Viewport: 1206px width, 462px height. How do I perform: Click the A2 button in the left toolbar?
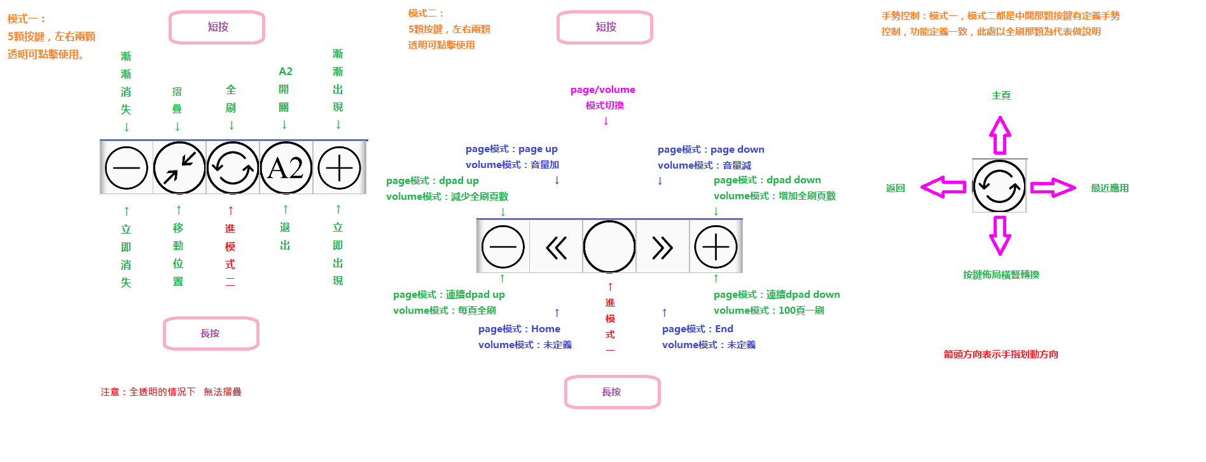(286, 168)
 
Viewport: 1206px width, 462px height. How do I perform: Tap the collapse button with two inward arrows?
(180, 168)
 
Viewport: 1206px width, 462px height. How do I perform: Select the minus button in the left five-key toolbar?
(127, 168)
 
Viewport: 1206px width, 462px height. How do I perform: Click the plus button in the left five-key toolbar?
(339, 168)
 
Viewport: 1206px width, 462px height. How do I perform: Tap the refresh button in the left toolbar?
(233, 168)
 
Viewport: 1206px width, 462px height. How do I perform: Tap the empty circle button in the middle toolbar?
(609, 247)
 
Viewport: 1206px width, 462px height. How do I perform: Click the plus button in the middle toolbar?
(716, 247)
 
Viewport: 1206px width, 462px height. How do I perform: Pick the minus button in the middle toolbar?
(503, 247)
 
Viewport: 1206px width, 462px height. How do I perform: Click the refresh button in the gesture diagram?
(999, 186)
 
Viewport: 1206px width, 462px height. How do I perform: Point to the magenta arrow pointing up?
(1000, 135)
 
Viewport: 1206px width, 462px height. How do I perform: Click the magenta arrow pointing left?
(943, 187)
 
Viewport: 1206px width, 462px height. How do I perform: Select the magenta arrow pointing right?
(1053, 188)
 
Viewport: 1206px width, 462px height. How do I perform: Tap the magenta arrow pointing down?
(1000, 235)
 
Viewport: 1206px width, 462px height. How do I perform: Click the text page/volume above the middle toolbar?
(603, 90)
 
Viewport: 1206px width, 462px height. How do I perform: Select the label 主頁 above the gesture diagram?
(1001, 95)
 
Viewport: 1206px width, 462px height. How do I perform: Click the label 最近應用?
(1110, 188)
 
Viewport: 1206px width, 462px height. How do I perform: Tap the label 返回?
(896, 188)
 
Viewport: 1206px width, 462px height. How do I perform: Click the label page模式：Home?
(520, 329)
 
